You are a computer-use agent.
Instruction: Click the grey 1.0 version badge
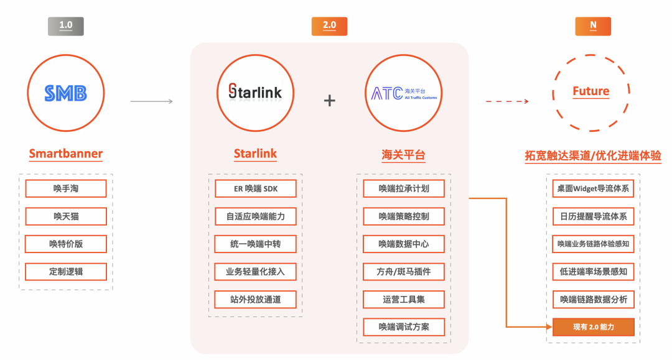click(x=65, y=26)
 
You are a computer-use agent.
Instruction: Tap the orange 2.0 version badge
click(x=329, y=26)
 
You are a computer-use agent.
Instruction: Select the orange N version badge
click(x=592, y=26)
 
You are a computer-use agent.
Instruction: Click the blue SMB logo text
click(x=65, y=93)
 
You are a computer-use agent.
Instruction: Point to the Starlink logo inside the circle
click(x=255, y=93)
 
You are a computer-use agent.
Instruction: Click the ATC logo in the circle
click(x=404, y=93)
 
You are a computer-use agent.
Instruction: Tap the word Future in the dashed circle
click(x=590, y=91)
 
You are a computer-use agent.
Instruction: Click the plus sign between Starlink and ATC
click(x=329, y=100)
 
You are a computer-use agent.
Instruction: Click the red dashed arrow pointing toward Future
click(x=507, y=101)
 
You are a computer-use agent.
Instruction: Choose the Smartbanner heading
click(x=65, y=154)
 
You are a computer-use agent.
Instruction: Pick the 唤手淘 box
click(x=66, y=188)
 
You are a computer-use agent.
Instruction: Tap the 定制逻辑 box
click(x=66, y=272)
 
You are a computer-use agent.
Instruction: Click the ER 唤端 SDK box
click(x=255, y=188)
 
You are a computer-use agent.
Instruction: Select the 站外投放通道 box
click(x=255, y=299)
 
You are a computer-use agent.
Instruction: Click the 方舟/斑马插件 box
click(x=404, y=272)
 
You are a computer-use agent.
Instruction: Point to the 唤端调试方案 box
click(x=404, y=326)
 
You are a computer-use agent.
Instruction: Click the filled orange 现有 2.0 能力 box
click(x=593, y=327)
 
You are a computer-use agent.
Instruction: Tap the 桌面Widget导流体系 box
click(x=593, y=188)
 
